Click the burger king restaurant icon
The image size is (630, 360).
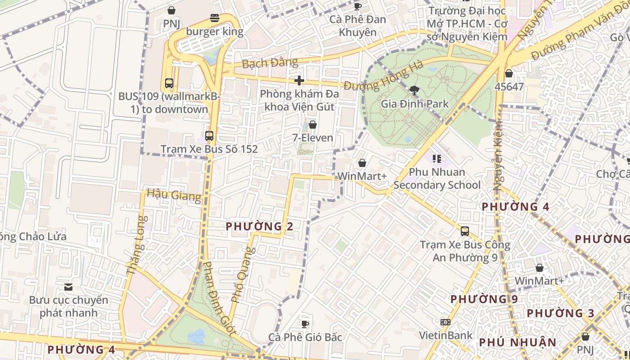click(215, 18)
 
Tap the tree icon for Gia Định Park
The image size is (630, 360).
click(414, 90)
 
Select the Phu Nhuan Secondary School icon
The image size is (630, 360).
click(436, 158)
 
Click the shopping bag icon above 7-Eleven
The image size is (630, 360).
click(313, 125)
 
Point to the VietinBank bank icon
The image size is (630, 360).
click(445, 322)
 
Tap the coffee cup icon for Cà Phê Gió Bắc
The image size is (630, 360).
click(305, 324)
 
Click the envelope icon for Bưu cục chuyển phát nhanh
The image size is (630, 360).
click(68, 287)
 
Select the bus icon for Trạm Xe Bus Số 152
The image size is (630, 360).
click(209, 135)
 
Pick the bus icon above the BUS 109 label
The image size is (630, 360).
click(169, 83)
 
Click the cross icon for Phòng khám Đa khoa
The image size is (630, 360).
click(299, 81)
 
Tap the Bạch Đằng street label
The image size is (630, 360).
click(270, 63)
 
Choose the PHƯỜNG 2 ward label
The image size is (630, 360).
click(260, 226)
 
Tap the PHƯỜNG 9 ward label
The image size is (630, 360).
click(484, 299)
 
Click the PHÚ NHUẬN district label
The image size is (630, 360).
click(517, 342)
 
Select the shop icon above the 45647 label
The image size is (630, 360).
click(509, 73)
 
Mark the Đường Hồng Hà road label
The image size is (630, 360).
click(383, 77)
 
